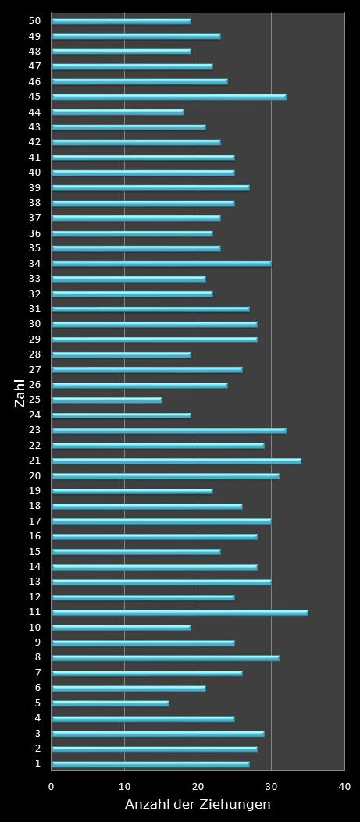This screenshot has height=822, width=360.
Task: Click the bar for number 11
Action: pos(180,613)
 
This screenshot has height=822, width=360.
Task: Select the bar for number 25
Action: pos(106,400)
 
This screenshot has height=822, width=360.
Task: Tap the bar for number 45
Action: pos(169,98)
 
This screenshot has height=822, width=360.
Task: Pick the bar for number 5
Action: pos(110,703)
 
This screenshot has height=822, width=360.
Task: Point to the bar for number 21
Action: pos(176,461)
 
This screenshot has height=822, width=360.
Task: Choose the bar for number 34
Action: pos(161,264)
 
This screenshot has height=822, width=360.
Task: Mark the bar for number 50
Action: pos(121,21)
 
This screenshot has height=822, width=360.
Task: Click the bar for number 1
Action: pos(150,764)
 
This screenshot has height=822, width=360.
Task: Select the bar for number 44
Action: pos(117,112)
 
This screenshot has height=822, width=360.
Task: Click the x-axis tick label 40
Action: pos(344,787)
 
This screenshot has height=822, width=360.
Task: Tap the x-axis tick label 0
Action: pos(52,787)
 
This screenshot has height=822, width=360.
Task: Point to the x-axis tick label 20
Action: pos(198,787)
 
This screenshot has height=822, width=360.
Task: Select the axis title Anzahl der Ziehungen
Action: pos(198,805)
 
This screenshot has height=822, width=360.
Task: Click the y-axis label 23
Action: pos(34,430)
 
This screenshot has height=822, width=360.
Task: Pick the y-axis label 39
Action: pos(34,188)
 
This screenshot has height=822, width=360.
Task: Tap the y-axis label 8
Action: pos(37,658)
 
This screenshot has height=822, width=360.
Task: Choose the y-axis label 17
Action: pos(34,521)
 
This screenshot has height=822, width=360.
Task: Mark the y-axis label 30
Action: pos(34,324)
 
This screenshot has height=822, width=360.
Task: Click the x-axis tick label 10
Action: pos(125,787)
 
